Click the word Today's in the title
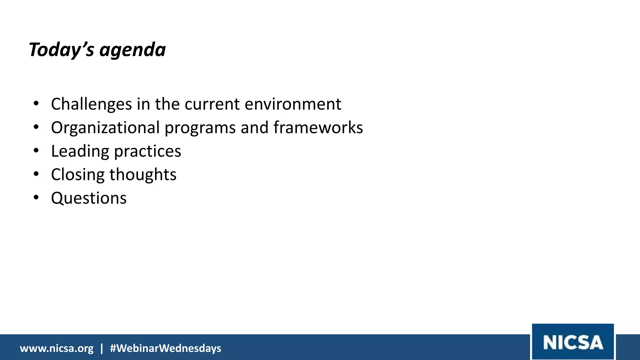coord(61,50)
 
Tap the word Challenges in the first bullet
coord(91,104)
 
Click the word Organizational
coord(105,128)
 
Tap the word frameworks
coord(318,127)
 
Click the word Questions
coord(89,198)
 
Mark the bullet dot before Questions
coord(36,197)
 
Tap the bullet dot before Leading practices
coord(36,151)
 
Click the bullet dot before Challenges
coord(36,103)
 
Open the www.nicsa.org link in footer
coord(57,348)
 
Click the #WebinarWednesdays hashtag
coord(165,348)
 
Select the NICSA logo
coord(573,342)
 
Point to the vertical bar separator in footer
coord(102,348)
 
